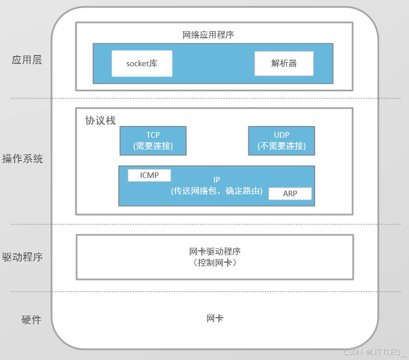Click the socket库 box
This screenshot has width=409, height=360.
click(142, 63)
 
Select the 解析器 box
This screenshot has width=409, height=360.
click(284, 63)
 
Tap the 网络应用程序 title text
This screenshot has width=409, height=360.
click(208, 35)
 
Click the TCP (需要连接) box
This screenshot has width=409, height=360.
click(153, 141)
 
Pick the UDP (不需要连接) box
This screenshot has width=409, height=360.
click(282, 141)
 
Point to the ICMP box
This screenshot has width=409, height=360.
click(149, 175)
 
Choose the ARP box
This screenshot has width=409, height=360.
click(290, 194)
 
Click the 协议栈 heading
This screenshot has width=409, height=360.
click(100, 121)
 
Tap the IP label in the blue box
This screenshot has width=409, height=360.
click(217, 180)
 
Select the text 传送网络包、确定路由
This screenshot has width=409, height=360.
click(217, 192)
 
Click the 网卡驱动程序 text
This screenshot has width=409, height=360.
click(215, 251)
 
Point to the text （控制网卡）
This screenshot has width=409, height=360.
click(215, 263)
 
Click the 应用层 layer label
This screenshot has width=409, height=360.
click(27, 60)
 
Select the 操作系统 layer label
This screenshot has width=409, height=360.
click(22, 159)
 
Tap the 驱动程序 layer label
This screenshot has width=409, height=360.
click(22, 256)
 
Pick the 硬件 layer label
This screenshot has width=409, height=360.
click(31, 320)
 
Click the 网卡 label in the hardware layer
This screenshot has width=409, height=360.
click(215, 319)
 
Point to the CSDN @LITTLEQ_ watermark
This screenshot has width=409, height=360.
click(374, 352)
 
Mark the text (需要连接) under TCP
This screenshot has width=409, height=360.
click(153, 146)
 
